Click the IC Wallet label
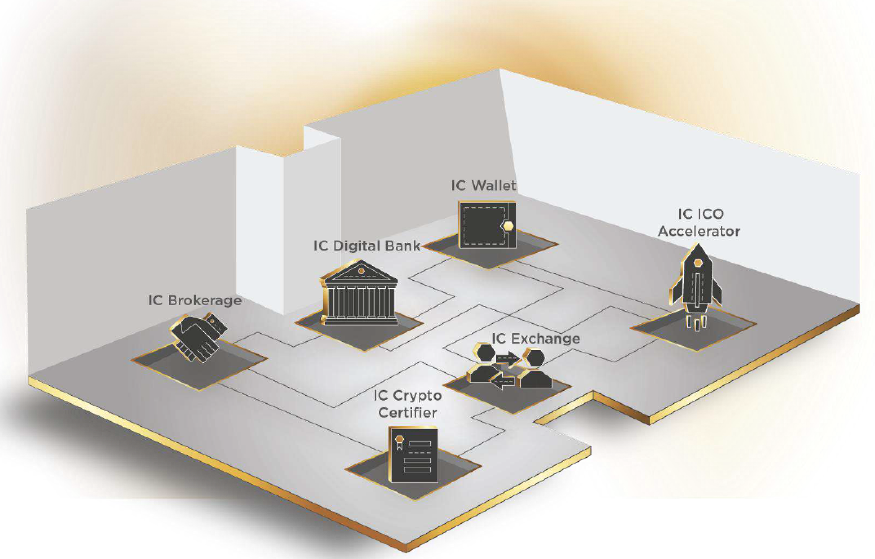tap(484, 186)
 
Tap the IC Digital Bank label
tap(366, 246)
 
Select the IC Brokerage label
tap(195, 300)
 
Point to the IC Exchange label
tap(535, 339)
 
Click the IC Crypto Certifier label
tap(407, 404)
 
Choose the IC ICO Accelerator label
tap(700, 223)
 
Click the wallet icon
tap(487, 225)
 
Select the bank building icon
tap(359, 294)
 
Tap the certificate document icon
tap(413, 455)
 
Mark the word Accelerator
tap(700, 231)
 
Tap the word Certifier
tap(407, 413)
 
